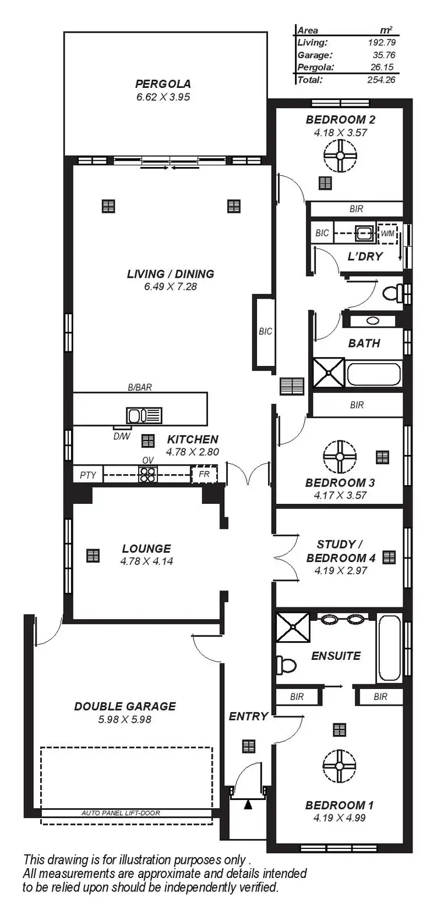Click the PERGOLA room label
tap(163, 84)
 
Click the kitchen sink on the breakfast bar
tap(144, 415)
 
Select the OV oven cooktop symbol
tap(147, 475)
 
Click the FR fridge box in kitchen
tap(204, 475)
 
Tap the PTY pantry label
tap(88, 475)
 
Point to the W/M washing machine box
tap(387, 234)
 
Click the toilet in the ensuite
tap(287, 664)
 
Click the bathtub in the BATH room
tap(373, 374)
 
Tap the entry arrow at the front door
tap(248, 805)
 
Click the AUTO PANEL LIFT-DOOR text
tap(121, 813)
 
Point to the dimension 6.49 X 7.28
tap(171, 286)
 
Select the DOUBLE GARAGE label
tap(125, 706)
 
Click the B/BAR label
tap(140, 387)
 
